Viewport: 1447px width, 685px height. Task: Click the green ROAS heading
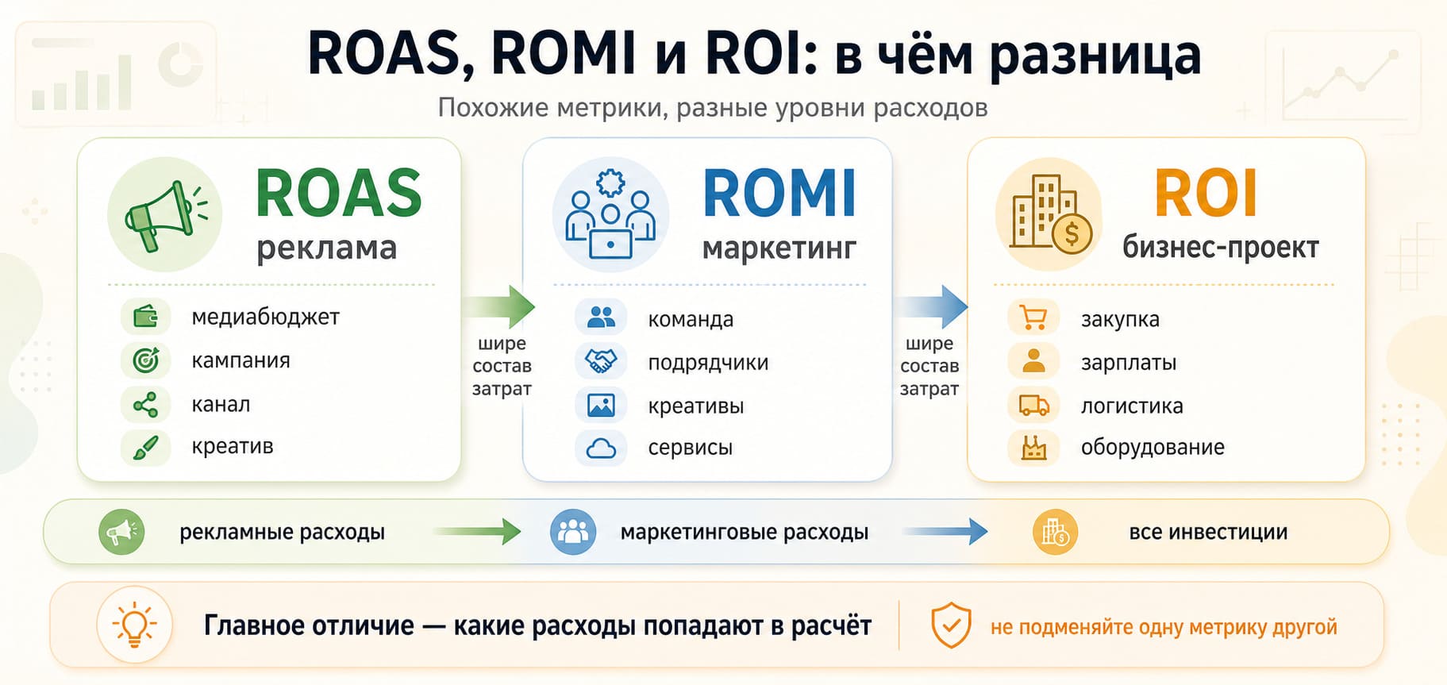pyautogui.click(x=339, y=193)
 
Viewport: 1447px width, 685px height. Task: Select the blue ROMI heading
pyautogui.click(x=779, y=193)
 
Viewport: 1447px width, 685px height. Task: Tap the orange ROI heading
pyautogui.click(x=1206, y=193)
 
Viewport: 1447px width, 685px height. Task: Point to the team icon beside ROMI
pyautogui.click(x=610, y=214)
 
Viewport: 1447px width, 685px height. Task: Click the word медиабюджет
pyautogui.click(x=265, y=317)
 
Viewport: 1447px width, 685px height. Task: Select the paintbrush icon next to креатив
pyautogui.click(x=145, y=448)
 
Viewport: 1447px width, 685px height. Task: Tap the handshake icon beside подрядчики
pyautogui.click(x=601, y=361)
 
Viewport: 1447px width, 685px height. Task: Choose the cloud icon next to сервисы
pyautogui.click(x=601, y=448)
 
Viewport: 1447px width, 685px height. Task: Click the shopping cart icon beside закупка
pyautogui.click(x=1033, y=317)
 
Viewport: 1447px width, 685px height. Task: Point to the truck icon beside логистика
pyautogui.click(x=1033, y=406)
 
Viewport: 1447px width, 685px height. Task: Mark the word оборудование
pyautogui.click(x=1153, y=447)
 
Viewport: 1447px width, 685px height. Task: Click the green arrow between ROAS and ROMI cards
pyautogui.click(x=499, y=306)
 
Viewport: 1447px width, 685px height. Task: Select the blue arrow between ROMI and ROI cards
pyautogui.click(x=931, y=306)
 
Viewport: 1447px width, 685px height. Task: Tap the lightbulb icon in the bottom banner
pyautogui.click(x=134, y=625)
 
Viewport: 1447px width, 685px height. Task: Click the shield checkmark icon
pyautogui.click(x=951, y=625)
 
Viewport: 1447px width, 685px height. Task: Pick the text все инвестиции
pyautogui.click(x=1208, y=532)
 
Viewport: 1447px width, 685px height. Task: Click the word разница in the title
pyautogui.click(x=1095, y=56)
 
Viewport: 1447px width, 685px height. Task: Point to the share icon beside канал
pyautogui.click(x=145, y=405)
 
